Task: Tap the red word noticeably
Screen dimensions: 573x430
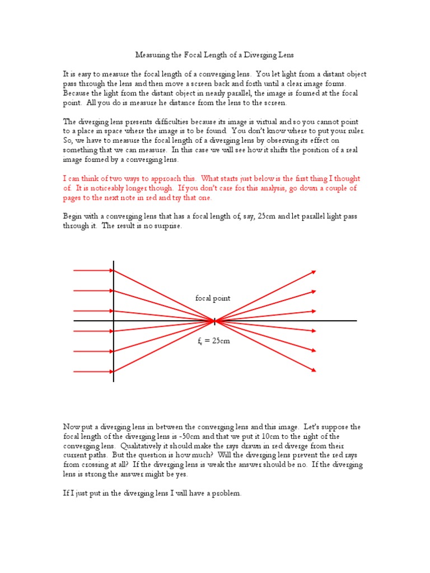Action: click(x=99, y=189)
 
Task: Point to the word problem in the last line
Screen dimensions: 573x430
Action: click(x=226, y=494)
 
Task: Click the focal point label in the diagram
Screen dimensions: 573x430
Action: click(x=213, y=298)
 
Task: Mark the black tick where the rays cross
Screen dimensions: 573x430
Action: click(x=214, y=321)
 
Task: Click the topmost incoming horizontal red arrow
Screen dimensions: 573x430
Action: click(x=93, y=271)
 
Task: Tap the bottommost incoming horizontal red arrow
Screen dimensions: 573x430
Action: click(x=93, y=370)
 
